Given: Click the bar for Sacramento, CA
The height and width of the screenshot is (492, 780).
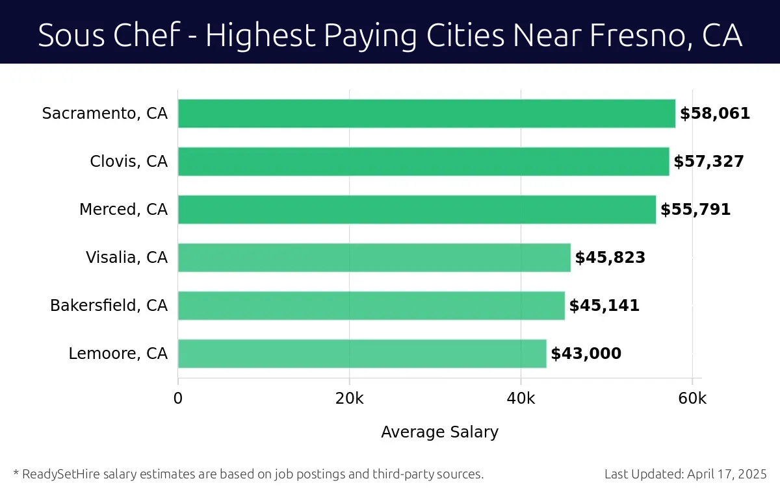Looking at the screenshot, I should [x=426, y=114].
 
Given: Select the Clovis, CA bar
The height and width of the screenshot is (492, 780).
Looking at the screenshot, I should [x=423, y=162].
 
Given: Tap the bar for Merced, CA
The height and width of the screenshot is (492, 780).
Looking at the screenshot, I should [x=417, y=210].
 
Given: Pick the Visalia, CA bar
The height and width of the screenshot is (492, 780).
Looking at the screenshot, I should [x=374, y=258].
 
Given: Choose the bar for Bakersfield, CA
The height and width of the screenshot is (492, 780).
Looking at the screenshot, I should [x=371, y=306].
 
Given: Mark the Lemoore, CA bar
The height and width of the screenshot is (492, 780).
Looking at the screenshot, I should [x=362, y=354].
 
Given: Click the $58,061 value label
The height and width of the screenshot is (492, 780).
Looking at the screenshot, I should [x=715, y=114].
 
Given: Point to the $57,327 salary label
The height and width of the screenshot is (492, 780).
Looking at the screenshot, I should [x=708, y=162].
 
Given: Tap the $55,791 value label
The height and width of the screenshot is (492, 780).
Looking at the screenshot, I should [x=695, y=210].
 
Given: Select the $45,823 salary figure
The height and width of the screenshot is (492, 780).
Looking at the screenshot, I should [x=610, y=258].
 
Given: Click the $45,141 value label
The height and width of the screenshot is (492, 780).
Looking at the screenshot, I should [x=604, y=306].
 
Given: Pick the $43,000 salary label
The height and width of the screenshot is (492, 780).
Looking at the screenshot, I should [x=586, y=354].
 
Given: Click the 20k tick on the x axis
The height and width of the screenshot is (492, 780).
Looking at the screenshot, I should [x=349, y=399].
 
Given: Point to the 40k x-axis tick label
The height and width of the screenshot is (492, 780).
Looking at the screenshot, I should [x=521, y=399].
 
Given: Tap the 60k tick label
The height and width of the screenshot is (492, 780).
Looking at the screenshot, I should [x=692, y=399].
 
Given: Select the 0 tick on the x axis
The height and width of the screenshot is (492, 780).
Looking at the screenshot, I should [x=178, y=399].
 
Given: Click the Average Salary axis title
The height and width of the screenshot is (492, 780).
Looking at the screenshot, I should [x=439, y=432].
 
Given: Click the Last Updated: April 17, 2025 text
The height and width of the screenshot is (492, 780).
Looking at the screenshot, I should [x=686, y=474].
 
